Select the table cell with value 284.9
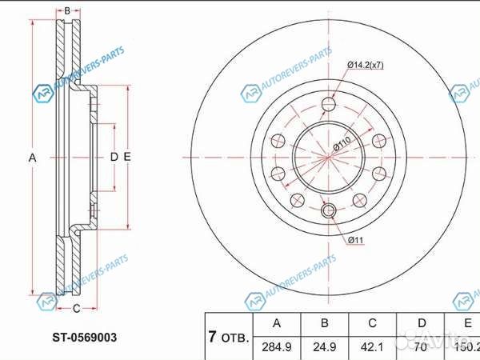(276, 348)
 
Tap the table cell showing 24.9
(323, 348)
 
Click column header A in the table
(276, 324)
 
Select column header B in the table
(323, 324)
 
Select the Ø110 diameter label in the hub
(342, 144)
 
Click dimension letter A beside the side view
(33, 158)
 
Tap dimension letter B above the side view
(68, 11)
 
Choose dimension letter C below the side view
(76, 308)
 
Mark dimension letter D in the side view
(114, 157)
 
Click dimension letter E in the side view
(127, 157)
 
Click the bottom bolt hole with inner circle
(328, 211)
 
